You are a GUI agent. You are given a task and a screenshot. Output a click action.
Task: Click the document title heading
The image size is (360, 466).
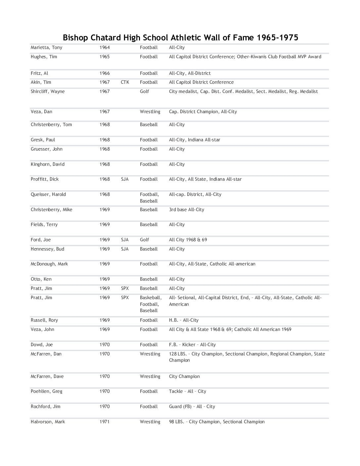(x=180, y=37)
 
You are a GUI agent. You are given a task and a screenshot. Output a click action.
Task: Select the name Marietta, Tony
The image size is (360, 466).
(x=46, y=48)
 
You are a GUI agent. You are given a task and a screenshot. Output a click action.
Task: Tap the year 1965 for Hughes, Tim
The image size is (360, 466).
(x=105, y=57)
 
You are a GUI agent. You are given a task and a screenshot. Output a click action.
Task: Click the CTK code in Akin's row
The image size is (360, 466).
(x=125, y=82)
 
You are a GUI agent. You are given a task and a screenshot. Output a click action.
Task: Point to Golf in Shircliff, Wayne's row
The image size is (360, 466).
(x=144, y=92)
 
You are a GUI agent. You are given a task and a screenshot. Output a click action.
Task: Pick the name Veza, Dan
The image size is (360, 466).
(x=41, y=112)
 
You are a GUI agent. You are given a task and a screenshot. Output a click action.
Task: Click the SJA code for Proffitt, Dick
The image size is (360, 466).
(x=125, y=179)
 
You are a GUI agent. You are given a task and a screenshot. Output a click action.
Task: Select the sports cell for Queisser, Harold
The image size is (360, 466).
(x=149, y=198)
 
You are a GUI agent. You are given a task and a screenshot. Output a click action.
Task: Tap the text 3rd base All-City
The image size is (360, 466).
(x=186, y=210)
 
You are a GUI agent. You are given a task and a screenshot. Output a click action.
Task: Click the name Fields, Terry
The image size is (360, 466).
(x=44, y=225)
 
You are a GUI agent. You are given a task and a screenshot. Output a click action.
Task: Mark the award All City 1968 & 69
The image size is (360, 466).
(x=188, y=240)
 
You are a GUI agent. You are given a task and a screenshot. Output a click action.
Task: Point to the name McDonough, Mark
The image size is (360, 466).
(x=49, y=264)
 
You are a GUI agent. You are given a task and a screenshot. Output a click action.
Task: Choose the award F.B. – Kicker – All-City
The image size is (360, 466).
(x=192, y=345)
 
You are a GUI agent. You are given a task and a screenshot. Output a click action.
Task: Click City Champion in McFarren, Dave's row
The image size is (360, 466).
(x=184, y=377)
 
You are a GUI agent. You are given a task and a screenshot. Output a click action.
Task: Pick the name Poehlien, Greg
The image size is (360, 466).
(x=46, y=392)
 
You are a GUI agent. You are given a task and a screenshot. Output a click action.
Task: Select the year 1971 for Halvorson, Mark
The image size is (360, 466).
(x=105, y=422)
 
